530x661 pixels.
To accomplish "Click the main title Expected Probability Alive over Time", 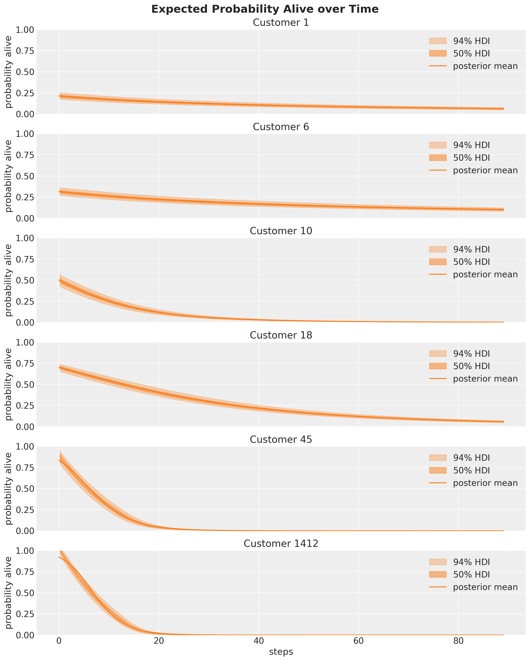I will pyautogui.click(x=265, y=9).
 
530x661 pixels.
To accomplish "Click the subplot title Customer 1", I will pyautogui.click(x=281, y=23).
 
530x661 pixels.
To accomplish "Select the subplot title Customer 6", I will pyautogui.click(x=281, y=127).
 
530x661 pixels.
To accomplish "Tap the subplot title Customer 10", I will pyautogui.click(x=281, y=231).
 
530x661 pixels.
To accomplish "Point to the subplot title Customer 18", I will pyautogui.click(x=281, y=335).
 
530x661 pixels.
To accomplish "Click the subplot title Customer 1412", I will pyautogui.click(x=281, y=544).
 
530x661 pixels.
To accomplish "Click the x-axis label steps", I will pyautogui.click(x=281, y=652).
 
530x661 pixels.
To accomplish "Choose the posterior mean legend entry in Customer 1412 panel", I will pyautogui.click(x=485, y=587).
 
